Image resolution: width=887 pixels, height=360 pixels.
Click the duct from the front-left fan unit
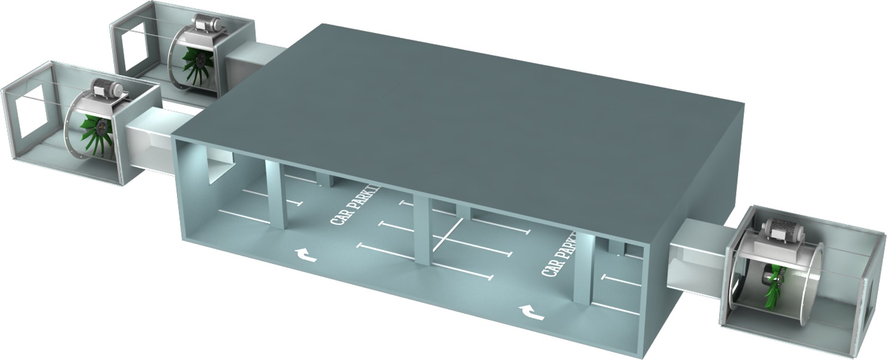[x=152, y=139]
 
